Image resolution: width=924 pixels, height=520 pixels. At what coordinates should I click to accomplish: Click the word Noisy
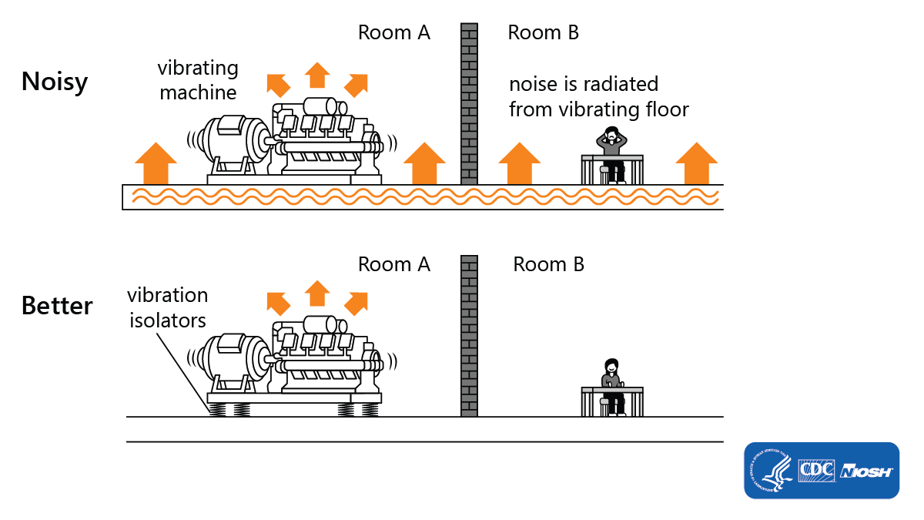pyautogui.click(x=55, y=82)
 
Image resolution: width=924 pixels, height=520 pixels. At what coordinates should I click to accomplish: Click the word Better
pyautogui.click(x=57, y=306)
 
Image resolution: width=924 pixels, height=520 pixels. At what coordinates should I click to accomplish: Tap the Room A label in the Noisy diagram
pyautogui.click(x=394, y=32)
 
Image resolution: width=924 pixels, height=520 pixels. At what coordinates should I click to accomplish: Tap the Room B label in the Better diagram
pyautogui.click(x=548, y=264)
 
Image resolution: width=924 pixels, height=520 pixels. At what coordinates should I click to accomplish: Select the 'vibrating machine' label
pyautogui.click(x=198, y=80)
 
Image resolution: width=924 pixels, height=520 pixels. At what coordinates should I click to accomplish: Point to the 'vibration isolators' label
pyautogui.click(x=168, y=308)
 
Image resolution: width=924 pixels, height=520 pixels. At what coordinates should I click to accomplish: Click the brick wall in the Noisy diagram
pyautogui.click(x=469, y=103)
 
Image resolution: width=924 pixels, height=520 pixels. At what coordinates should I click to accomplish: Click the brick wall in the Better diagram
pyautogui.click(x=469, y=336)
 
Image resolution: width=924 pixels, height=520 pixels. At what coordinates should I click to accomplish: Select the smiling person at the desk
pyautogui.click(x=613, y=387)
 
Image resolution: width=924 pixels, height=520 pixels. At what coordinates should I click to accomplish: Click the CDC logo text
pyautogui.click(x=817, y=471)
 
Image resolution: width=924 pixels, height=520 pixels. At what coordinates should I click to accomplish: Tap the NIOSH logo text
pyautogui.click(x=866, y=471)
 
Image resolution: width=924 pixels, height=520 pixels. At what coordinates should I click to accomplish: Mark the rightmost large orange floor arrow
pyautogui.click(x=697, y=163)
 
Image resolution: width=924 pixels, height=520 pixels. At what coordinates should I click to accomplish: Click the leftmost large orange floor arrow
pyautogui.click(x=156, y=163)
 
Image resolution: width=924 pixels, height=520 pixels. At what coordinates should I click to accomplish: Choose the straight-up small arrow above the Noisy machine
pyautogui.click(x=317, y=75)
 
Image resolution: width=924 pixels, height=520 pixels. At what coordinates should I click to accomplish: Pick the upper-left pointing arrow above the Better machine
pyautogui.click(x=279, y=304)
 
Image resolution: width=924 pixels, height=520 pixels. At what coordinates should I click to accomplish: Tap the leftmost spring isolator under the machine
pyautogui.click(x=217, y=410)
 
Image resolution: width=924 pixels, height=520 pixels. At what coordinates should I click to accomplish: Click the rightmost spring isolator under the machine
pyautogui.click(x=370, y=410)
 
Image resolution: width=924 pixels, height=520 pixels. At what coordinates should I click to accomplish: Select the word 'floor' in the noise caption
pyautogui.click(x=667, y=109)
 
